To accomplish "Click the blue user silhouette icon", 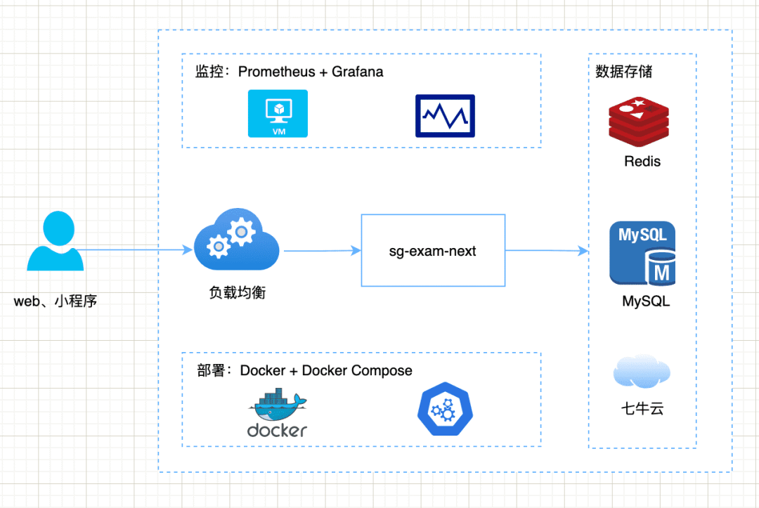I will coord(55,242).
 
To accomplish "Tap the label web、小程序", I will coord(56,301).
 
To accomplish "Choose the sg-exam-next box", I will coord(433,251).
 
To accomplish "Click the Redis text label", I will coord(642,162).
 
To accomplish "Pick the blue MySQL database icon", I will coord(643,254).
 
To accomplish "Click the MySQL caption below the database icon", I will coord(646,301).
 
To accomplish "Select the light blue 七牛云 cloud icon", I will coord(642,372).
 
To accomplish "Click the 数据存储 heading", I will coord(623,72).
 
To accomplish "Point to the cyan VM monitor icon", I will coord(278,113).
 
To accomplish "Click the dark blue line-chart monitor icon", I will coord(445,116).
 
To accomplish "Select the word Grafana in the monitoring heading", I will coord(358,72).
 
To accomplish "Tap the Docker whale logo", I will coord(278,415).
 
